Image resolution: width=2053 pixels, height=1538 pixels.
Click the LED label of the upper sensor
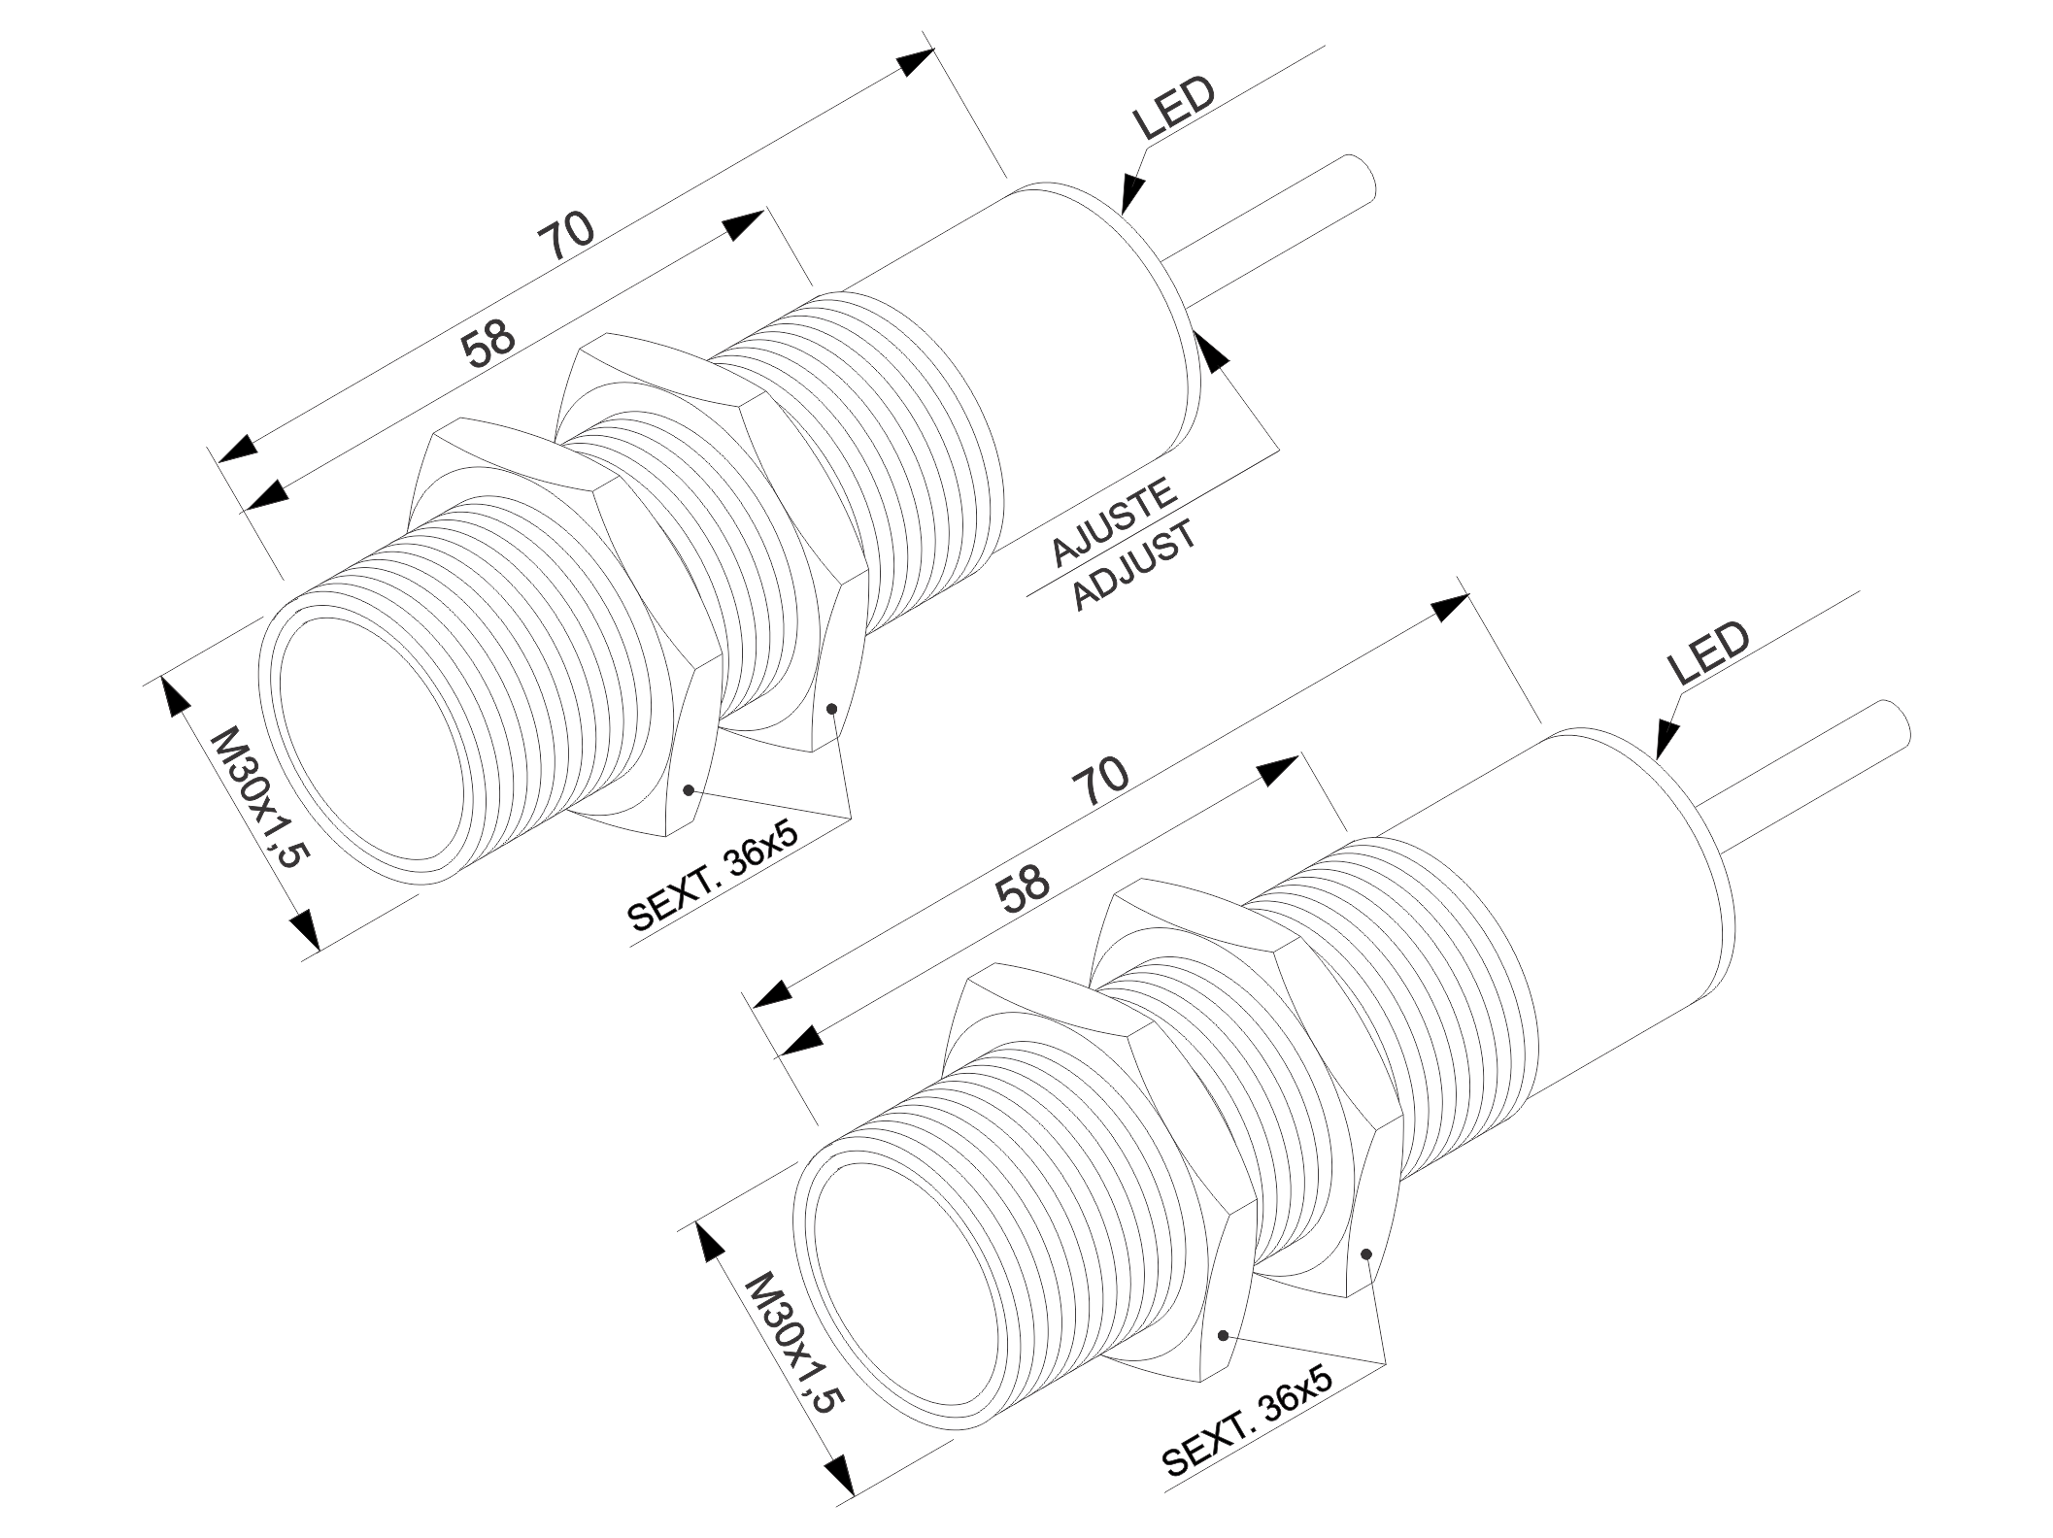pyautogui.click(x=1173, y=108)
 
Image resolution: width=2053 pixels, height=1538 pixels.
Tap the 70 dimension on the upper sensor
pyautogui.click(x=566, y=238)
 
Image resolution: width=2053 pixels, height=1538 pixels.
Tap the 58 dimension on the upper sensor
pyautogui.click(x=488, y=345)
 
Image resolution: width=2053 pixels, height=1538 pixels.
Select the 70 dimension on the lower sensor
pyautogui.click(x=1100, y=782)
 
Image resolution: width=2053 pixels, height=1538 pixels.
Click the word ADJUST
pyautogui.click(x=1134, y=565)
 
